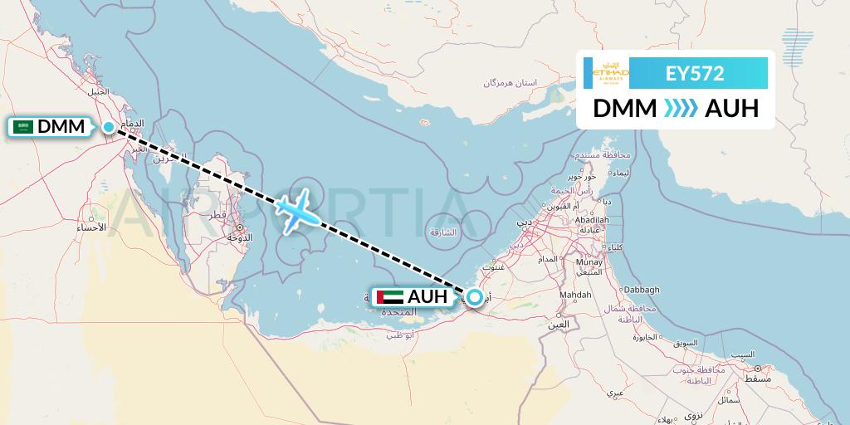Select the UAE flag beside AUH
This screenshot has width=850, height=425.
tap(390, 297)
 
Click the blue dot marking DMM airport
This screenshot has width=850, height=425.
tap(109, 127)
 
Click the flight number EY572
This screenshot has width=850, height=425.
tap(696, 74)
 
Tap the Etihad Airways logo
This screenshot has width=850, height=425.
tap(610, 74)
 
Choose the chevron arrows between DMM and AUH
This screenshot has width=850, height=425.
tap(681, 109)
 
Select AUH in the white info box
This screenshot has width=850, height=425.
tap(731, 109)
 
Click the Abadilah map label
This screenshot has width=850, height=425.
tap(592, 219)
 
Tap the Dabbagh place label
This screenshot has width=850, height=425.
tap(642, 290)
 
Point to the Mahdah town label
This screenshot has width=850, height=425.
tap(576, 295)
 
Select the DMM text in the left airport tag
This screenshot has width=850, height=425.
tap(61, 127)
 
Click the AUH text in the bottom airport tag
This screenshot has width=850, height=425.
tap(427, 297)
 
